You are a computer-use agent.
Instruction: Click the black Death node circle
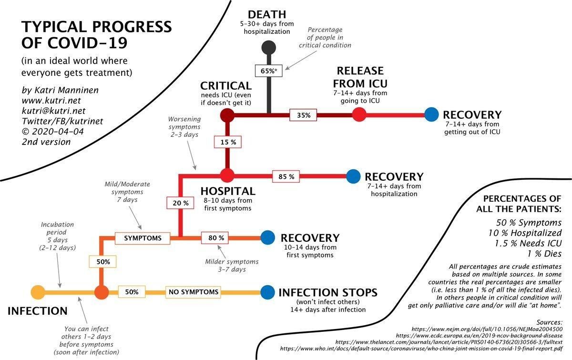click(269, 48)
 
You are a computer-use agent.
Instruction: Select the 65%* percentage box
click(269, 71)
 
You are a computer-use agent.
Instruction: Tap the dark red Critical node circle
click(227, 115)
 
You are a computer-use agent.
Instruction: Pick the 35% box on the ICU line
click(303, 115)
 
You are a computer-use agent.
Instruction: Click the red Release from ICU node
click(359, 114)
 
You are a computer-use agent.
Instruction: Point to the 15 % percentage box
click(228, 142)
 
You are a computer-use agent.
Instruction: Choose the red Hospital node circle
click(227, 176)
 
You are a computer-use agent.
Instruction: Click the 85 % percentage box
click(286, 176)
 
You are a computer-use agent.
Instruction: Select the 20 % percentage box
click(180, 203)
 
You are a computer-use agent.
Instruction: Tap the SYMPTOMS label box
click(143, 238)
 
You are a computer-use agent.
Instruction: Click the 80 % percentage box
click(215, 238)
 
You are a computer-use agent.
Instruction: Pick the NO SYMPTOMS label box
click(194, 292)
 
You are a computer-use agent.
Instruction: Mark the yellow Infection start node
click(38, 292)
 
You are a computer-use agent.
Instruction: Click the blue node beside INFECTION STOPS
click(267, 292)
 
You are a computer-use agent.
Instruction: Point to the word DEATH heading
click(267, 14)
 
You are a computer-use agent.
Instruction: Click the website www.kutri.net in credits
click(51, 101)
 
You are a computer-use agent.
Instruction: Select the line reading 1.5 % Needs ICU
click(528, 243)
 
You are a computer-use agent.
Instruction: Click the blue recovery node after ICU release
click(431, 114)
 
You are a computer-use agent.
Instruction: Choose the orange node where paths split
click(102, 292)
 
